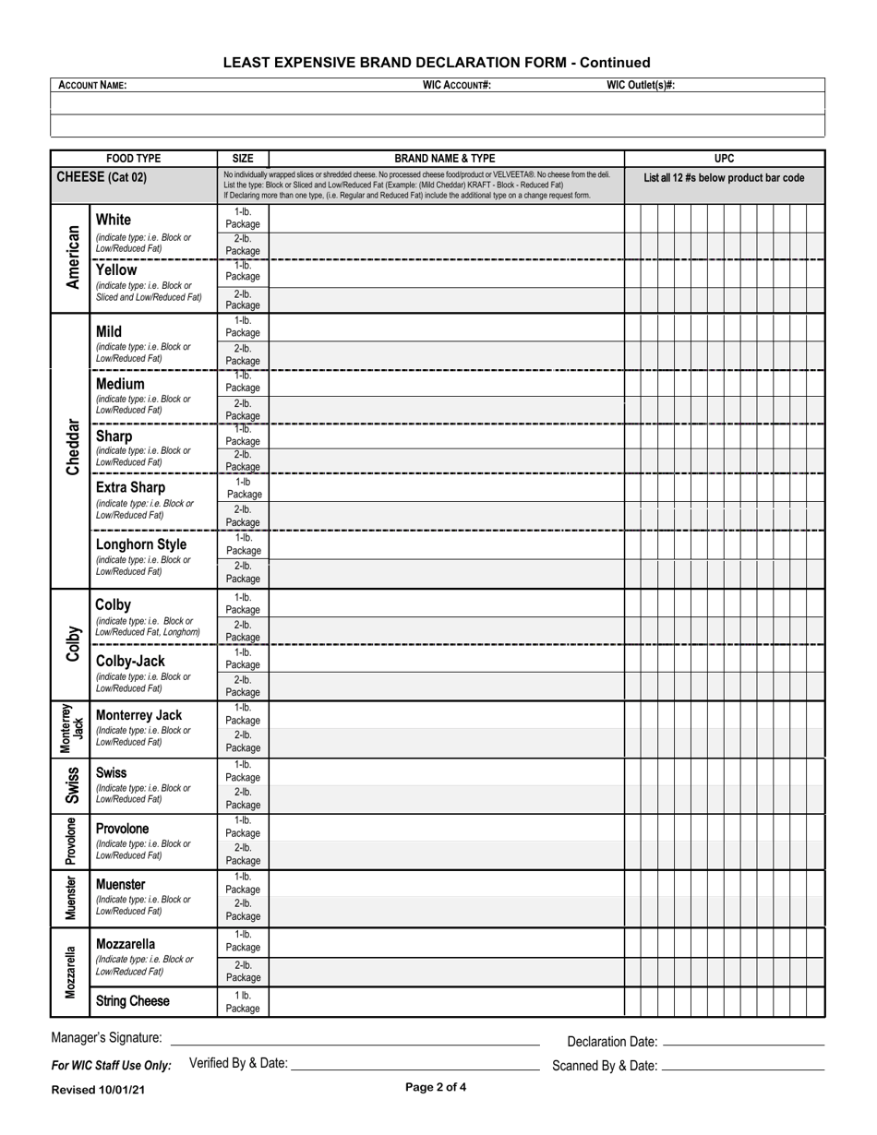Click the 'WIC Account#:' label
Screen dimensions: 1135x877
point(456,85)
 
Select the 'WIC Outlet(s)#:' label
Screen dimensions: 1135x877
point(640,85)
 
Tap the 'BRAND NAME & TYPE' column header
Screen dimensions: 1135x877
point(446,159)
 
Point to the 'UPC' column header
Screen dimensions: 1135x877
point(725,159)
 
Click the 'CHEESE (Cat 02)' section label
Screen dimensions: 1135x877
point(102,177)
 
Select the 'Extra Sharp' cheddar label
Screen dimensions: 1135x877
point(130,487)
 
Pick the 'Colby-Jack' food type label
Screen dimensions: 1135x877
point(130,661)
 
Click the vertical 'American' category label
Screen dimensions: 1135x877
point(72,257)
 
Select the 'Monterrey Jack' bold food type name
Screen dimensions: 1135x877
point(138,715)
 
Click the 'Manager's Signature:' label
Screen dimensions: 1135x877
point(106,1038)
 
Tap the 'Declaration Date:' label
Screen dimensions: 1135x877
point(612,1042)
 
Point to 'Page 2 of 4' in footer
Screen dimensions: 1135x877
point(436,1087)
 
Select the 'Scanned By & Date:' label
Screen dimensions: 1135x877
point(605,1066)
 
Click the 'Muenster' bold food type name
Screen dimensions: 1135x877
point(120,885)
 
